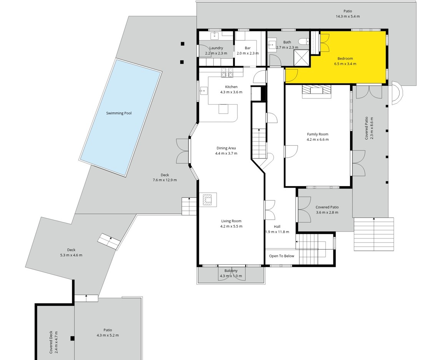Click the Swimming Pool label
(x=119, y=113)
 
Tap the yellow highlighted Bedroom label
(x=345, y=58)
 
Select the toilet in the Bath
(x=304, y=42)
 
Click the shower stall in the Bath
(x=301, y=58)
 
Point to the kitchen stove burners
(x=227, y=73)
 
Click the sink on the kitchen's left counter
(x=204, y=91)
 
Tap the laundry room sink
(x=214, y=36)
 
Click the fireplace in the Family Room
(x=316, y=91)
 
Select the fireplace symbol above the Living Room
(x=207, y=200)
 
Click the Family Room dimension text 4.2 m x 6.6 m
(x=317, y=139)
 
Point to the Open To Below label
(x=281, y=256)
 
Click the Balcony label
(x=231, y=271)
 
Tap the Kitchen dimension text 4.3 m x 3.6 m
(x=231, y=92)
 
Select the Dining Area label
(x=226, y=148)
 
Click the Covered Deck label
(x=51, y=342)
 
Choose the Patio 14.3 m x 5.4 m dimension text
(x=348, y=17)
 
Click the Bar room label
(x=247, y=48)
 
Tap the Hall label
(x=277, y=227)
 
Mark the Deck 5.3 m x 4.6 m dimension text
(x=71, y=255)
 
